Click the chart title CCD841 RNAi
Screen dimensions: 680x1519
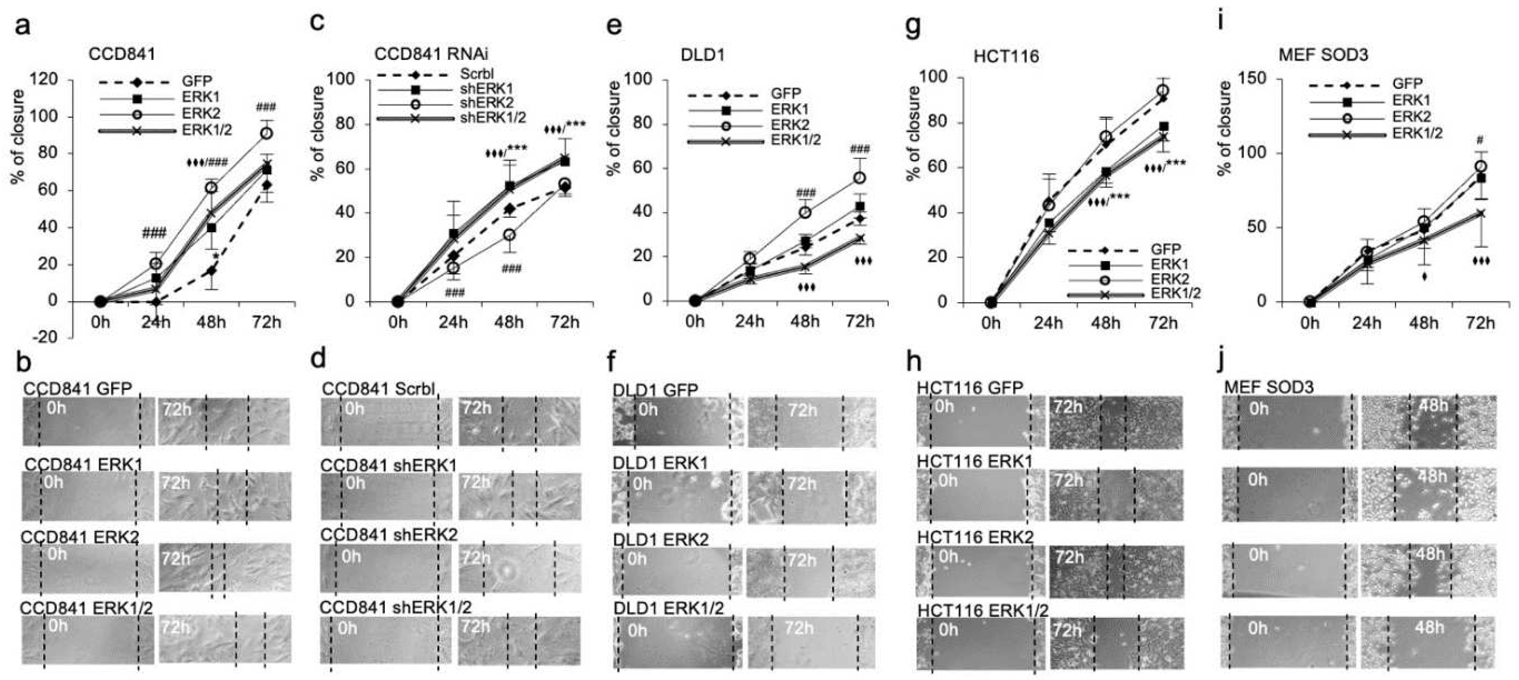point(431,54)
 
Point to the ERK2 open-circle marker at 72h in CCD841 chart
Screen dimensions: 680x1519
point(266,133)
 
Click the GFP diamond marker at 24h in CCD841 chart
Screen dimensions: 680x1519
point(156,302)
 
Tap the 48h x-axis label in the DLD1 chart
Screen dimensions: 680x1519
point(805,321)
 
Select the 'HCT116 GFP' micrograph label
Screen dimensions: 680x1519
point(969,388)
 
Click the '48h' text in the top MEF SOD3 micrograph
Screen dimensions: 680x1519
point(1433,406)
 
